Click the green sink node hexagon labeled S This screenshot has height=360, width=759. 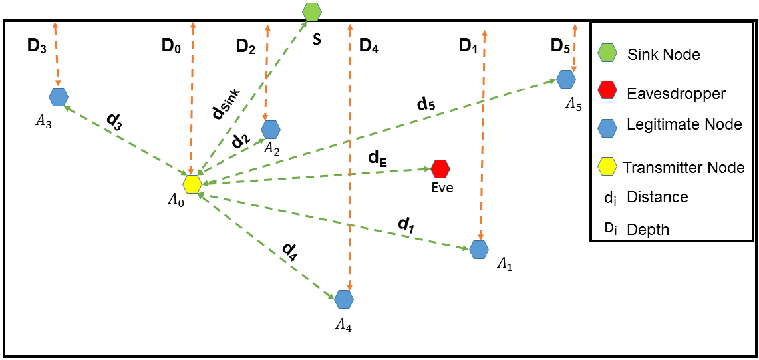(312, 11)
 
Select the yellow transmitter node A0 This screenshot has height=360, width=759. (192, 184)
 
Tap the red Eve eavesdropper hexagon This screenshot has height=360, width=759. (440, 169)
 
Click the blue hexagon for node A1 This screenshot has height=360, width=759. (479, 250)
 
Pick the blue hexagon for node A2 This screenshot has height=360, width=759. (270, 129)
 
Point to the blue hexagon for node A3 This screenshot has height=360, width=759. (59, 97)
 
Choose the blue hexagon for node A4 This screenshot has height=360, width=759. (343, 299)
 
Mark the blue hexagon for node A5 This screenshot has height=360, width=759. (566, 79)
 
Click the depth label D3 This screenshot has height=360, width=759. (37, 46)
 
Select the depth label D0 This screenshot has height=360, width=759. (172, 46)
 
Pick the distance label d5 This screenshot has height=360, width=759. (426, 104)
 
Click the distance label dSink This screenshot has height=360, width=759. (227, 104)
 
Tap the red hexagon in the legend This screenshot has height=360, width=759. (607, 90)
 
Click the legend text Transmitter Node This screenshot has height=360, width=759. (683, 167)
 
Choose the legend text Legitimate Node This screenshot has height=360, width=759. (684, 124)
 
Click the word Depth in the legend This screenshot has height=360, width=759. (648, 229)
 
